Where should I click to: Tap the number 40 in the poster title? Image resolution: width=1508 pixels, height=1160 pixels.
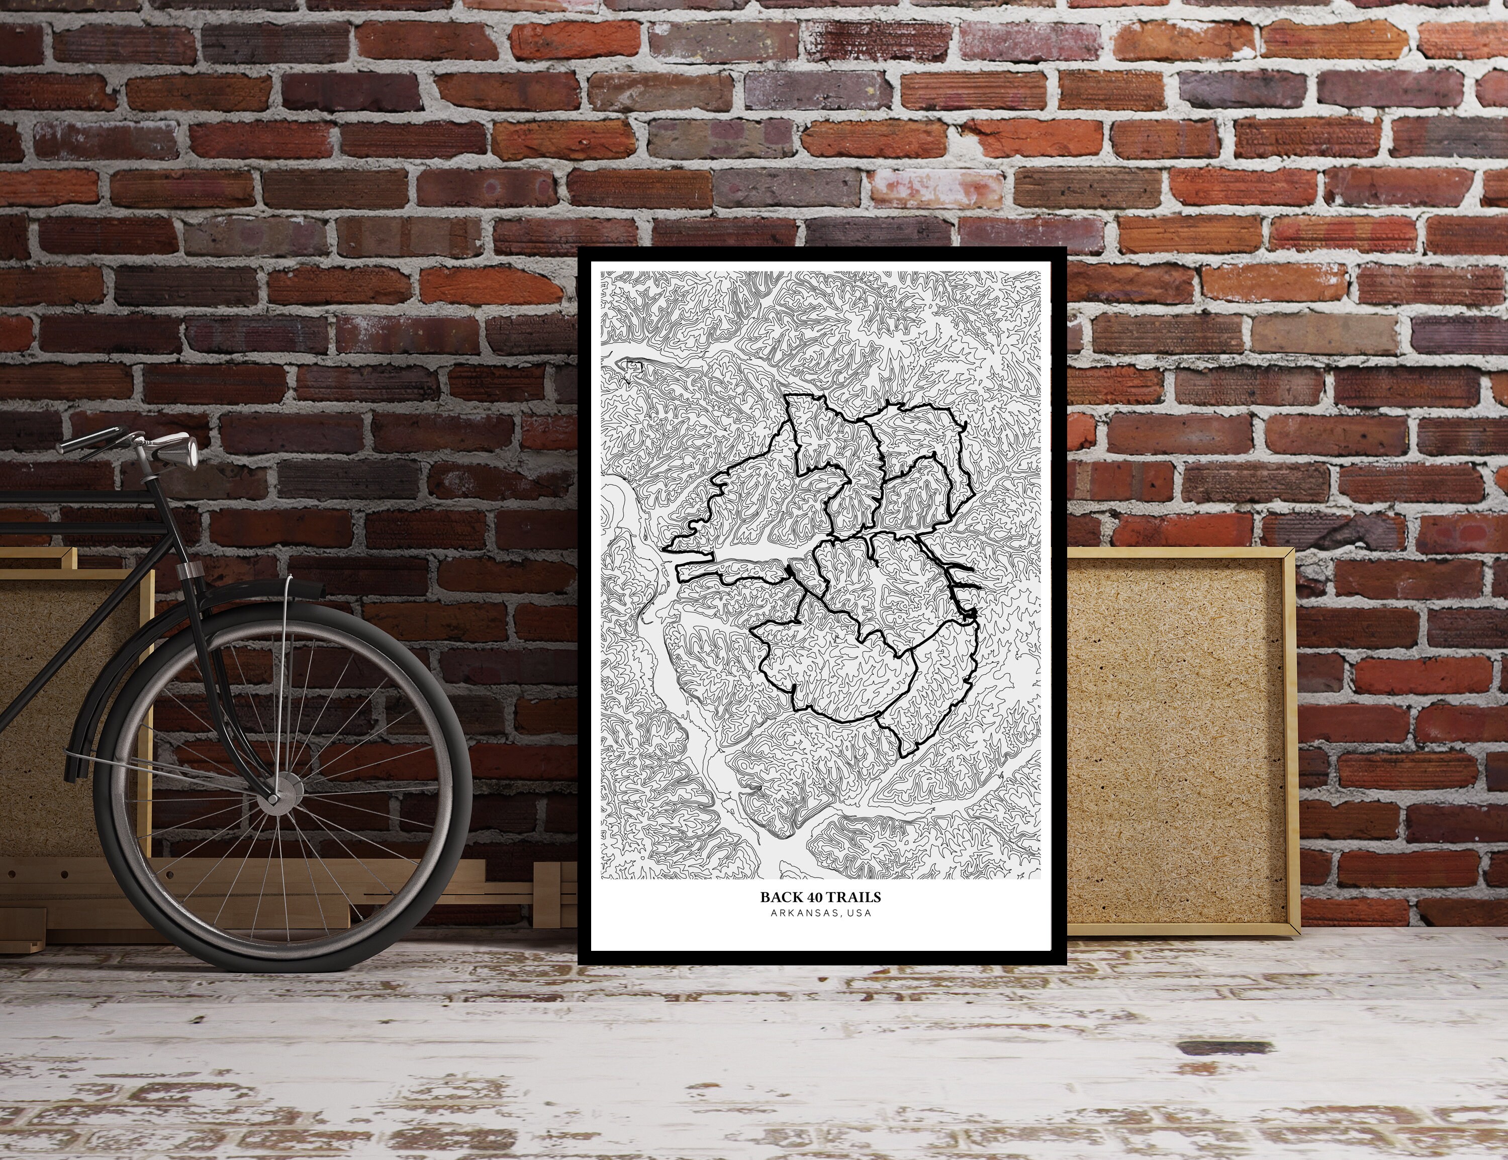(814, 898)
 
